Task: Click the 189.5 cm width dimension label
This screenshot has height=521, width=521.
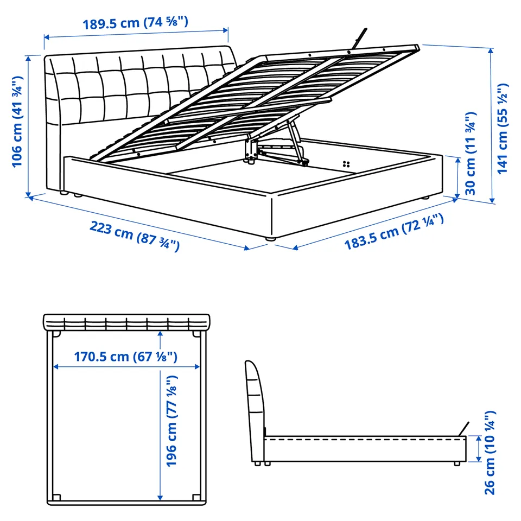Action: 135,23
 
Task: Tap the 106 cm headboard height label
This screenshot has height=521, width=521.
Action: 17,122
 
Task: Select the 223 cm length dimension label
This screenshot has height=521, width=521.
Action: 135,236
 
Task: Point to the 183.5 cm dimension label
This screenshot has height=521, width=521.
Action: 394,232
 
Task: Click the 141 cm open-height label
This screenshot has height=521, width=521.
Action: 503,128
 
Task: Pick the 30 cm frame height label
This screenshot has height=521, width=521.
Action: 471,154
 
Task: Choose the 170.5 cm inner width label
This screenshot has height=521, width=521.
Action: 125,357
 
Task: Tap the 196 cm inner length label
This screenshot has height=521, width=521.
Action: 172,421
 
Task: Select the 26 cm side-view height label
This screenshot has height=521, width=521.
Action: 490,453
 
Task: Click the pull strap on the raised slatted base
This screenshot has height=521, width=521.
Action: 360,38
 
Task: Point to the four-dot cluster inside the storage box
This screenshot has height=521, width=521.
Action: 346,164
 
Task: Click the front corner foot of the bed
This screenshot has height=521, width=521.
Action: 271,238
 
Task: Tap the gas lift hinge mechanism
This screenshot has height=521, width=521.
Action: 276,146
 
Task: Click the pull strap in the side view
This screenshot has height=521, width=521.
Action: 463,429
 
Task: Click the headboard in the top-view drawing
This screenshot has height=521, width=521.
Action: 126,322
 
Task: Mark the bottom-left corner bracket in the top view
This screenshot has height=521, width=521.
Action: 56,498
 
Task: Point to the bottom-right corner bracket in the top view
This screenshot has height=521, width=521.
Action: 196,498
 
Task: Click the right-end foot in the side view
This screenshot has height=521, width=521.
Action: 458,463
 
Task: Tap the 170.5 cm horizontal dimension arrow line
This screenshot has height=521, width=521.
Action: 126,367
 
